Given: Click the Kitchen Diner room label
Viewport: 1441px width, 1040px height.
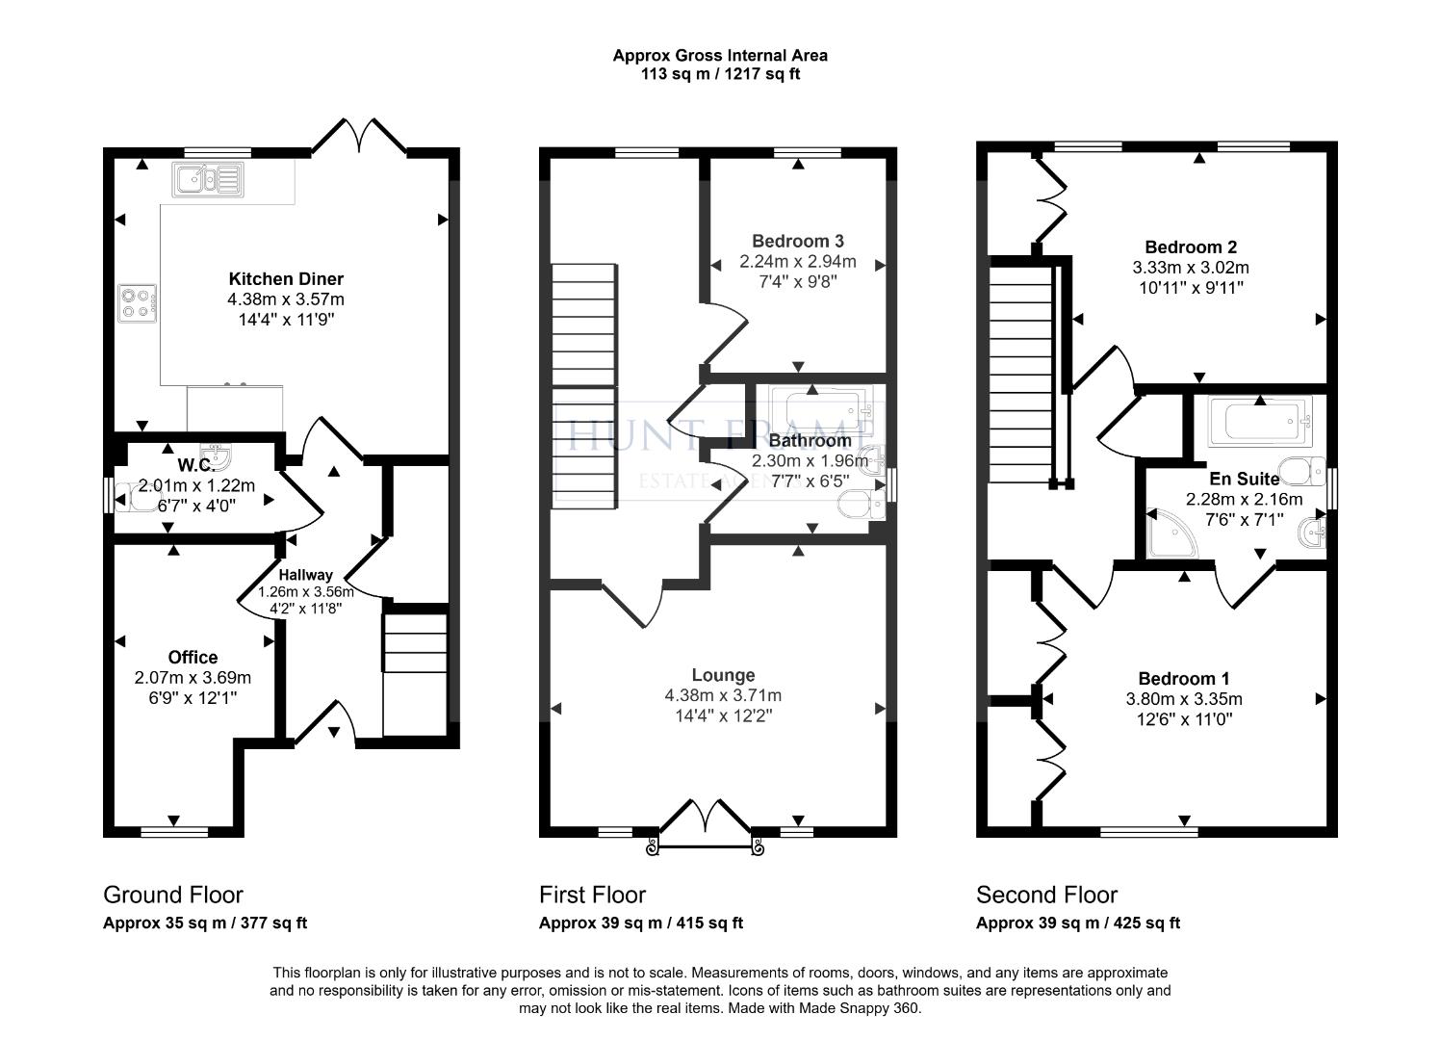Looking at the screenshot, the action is tap(286, 278).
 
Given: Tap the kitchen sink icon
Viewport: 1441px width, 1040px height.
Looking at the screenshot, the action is tap(208, 179).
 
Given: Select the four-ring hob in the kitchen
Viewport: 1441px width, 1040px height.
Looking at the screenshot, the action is tap(137, 303).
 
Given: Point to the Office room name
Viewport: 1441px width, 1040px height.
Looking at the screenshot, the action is tap(193, 657).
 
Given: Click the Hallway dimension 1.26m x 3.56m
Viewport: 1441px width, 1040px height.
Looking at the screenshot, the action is tap(305, 592).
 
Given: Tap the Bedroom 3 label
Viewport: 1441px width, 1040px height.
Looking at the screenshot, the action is tap(798, 242).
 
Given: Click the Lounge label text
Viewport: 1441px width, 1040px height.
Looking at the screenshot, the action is tap(723, 675).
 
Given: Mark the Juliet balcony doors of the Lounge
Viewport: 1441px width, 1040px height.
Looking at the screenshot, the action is tap(706, 827).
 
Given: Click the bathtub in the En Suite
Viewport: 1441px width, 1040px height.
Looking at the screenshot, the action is tap(1260, 422).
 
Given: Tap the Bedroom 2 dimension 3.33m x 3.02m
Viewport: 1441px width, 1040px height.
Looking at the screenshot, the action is tap(1191, 268).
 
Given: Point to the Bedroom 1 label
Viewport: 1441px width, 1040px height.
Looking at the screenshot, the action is tap(1184, 678).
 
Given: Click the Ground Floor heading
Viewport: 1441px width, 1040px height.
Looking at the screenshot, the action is tap(173, 896).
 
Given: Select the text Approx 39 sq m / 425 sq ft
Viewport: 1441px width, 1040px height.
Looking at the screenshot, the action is tap(1078, 923).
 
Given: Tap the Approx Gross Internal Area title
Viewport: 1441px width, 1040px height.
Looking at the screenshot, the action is tap(720, 55).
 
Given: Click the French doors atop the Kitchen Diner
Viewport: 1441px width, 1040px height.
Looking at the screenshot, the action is tap(360, 137).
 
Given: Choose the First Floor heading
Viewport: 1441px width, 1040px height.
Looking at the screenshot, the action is tap(593, 896).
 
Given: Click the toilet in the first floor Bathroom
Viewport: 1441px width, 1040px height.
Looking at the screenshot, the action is tap(862, 504).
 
